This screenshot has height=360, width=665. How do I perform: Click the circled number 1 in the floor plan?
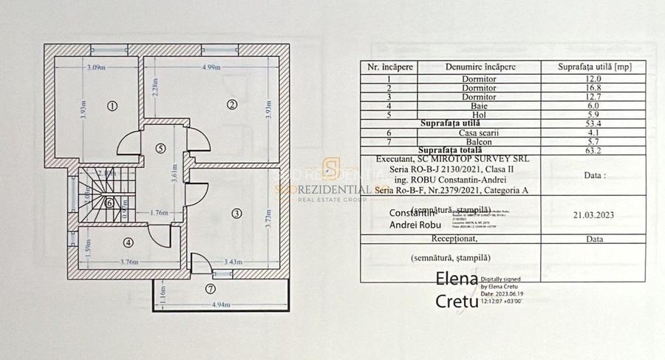point(112,105)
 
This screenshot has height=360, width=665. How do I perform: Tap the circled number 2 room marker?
point(231,105)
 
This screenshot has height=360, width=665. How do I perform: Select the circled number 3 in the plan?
point(236,214)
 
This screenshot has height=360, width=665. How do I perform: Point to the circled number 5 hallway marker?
point(160,148)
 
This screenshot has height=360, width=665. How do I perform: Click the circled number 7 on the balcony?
point(211,288)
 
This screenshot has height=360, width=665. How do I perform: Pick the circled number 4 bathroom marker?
point(128,242)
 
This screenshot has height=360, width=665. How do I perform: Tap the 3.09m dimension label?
point(95,68)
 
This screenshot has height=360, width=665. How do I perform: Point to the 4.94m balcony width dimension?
point(221,305)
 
